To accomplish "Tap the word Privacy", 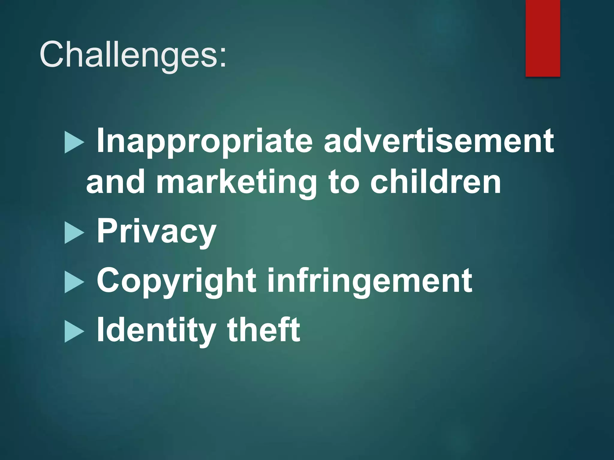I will (156, 232).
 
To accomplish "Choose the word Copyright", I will (176, 281).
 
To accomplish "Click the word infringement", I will (369, 281).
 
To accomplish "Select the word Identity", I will (156, 331).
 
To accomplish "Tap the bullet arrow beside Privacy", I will (74, 234).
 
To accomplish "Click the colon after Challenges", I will (222, 57).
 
